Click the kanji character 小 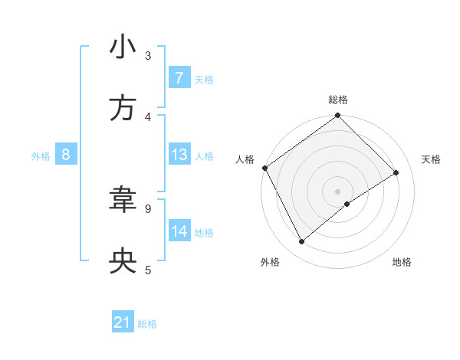pyautogui.click(x=123, y=47)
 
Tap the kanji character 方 pyautogui.click(x=123, y=109)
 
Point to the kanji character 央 pyautogui.click(x=123, y=262)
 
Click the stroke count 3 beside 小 pyautogui.click(x=148, y=55)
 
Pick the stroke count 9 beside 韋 pyautogui.click(x=148, y=208)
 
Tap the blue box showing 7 pyautogui.click(x=179, y=78)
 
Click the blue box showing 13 pyautogui.click(x=179, y=155)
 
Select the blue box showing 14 pyautogui.click(x=179, y=231)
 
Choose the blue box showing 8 pyautogui.click(x=65, y=155)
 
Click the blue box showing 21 pyautogui.click(x=123, y=323)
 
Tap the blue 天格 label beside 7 pyautogui.click(x=204, y=79)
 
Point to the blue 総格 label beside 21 pyautogui.click(x=147, y=324)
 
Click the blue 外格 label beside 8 pyautogui.click(x=41, y=155)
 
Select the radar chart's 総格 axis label pyautogui.click(x=338, y=100)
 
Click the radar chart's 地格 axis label pyautogui.click(x=402, y=262)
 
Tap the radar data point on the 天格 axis pyautogui.click(x=396, y=172)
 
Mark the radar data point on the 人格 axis pyautogui.click(x=264, y=168)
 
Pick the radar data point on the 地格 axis pyautogui.click(x=347, y=204)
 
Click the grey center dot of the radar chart pyautogui.click(x=338, y=191)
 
